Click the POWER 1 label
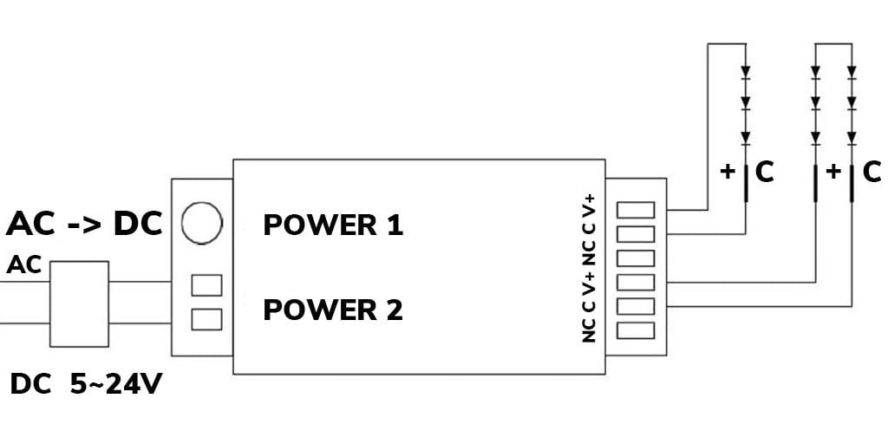click(x=333, y=225)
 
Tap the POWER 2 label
click(x=333, y=310)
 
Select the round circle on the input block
click(x=201, y=222)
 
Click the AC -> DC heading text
click(x=84, y=224)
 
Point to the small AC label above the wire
click(x=24, y=266)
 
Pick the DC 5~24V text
click(x=86, y=384)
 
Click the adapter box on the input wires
click(x=79, y=304)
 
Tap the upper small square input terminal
click(x=206, y=284)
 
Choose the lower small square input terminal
click(x=206, y=319)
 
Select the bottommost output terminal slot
click(x=636, y=330)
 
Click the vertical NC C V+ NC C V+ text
click(x=590, y=266)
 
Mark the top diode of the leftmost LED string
click(x=745, y=72)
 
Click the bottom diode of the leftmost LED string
click(x=745, y=137)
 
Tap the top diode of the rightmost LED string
click(x=852, y=72)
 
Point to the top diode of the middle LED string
click(x=815, y=72)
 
